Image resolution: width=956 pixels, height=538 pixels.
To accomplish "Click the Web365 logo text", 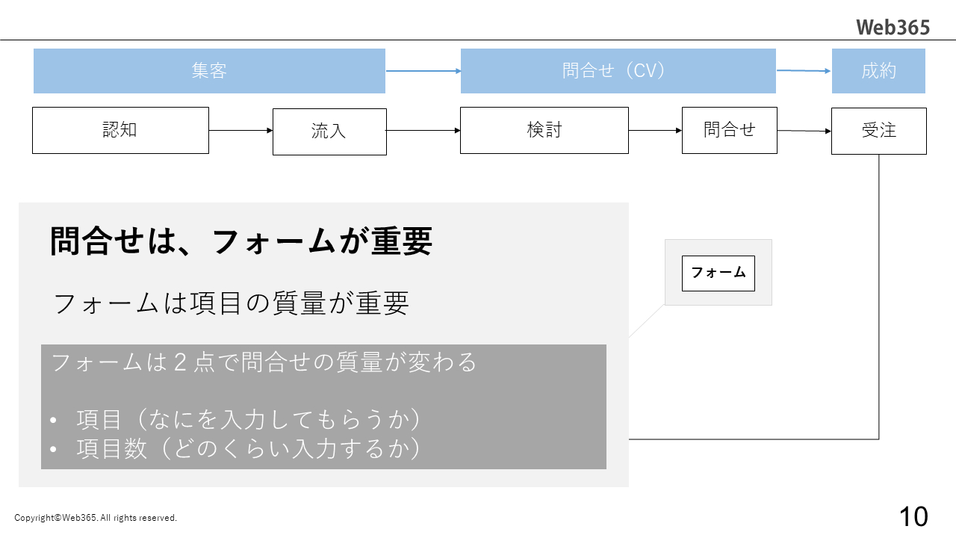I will click(x=893, y=28).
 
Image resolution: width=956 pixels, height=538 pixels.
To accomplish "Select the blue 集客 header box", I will click(x=209, y=71).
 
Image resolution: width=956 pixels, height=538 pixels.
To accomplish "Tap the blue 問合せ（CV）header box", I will click(x=618, y=71).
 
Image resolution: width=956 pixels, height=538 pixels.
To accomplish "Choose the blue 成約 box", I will click(x=878, y=71).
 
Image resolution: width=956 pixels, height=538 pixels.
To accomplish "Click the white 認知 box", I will click(x=120, y=130).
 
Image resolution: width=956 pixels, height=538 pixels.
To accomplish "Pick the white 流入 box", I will click(x=329, y=132).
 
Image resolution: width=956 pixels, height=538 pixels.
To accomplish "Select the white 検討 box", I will click(x=544, y=130).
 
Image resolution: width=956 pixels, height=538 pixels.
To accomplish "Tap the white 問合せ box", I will click(x=729, y=130).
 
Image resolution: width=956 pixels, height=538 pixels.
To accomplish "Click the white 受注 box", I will click(x=878, y=131).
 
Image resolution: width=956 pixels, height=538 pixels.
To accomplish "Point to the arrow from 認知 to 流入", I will click(x=240, y=130).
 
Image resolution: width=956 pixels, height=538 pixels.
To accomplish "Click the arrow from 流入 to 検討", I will click(x=423, y=131).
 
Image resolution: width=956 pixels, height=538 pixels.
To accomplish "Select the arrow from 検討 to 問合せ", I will click(x=655, y=130).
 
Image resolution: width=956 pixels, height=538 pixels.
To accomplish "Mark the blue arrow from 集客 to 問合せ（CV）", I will click(x=423, y=71).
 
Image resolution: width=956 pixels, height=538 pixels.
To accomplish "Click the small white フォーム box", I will click(x=718, y=273).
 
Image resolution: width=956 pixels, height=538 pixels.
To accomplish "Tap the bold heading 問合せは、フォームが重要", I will click(x=240, y=241).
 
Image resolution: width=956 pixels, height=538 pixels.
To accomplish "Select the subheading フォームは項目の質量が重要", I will click(x=232, y=303).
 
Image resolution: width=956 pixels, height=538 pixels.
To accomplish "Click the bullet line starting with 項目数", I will click(x=248, y=448).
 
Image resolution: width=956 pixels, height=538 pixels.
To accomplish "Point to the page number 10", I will click(x=913, y=516).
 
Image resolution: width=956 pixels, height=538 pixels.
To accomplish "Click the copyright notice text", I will click(x=96, y=518).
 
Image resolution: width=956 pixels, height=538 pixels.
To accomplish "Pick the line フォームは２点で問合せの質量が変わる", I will click(x=264, y=362).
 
